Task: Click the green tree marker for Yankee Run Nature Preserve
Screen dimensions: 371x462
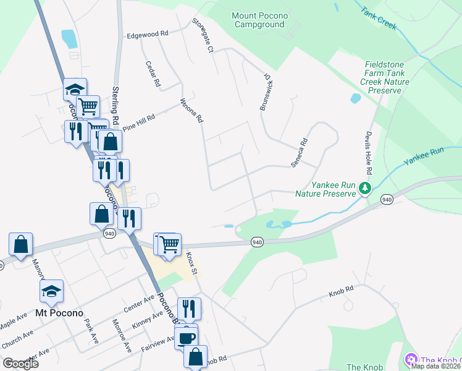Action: (366, 187)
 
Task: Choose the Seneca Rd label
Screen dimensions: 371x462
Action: (300, 152)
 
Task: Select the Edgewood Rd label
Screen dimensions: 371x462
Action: (147, 35)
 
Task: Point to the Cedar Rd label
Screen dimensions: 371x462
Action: (153, 74)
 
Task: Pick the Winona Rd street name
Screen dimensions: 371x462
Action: (191, 110)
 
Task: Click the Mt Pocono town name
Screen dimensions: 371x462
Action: (59, 313)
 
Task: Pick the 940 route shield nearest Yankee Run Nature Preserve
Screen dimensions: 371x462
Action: (387, 199)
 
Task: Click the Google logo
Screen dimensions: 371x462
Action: (20, 364)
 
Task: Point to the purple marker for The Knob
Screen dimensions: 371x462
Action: (410, 360)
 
